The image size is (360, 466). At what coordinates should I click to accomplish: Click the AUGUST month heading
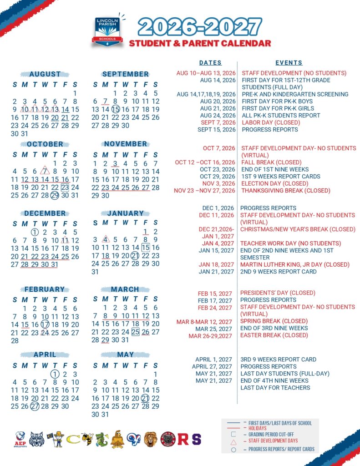pyautogui.click(x=45, y=74)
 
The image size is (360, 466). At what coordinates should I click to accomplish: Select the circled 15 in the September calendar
pyautogui.click(x=116, y=109)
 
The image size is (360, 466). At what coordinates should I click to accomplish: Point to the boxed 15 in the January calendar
pyautogui.click(x=146, y=248)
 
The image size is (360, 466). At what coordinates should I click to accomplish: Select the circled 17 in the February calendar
pyautogui.click(x=45, y=324)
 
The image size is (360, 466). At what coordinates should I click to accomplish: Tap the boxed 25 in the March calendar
pyautogui.click(x=135, y=332)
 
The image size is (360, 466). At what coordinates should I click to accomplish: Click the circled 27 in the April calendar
pyautogui.click(x=35, y=406)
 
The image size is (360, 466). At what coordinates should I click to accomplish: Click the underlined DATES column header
pyautogui.click(x=210, y=63)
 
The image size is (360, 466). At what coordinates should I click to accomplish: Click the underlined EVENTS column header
pyautogui.click(x=289, y=63)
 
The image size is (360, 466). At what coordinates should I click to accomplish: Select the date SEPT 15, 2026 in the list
pyautogui.click(x=217, y=130)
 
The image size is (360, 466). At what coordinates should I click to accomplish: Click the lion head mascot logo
pyautogui.click(x=150, y=439)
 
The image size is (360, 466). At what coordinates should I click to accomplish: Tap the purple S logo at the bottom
pyautogui.click(x=196, y=440)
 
